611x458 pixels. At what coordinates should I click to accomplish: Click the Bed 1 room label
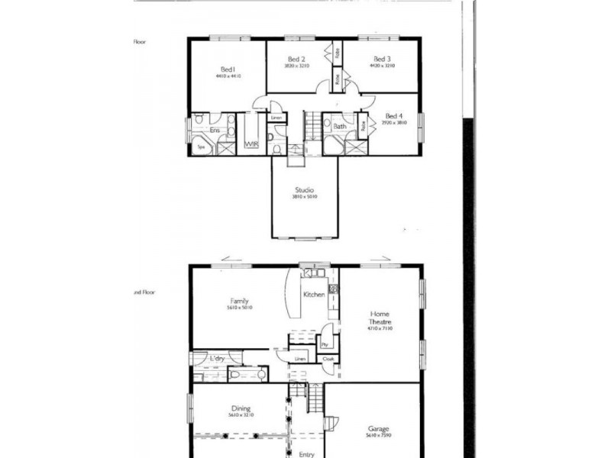pos(228,69)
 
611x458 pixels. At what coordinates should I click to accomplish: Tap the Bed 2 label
pos(297,59)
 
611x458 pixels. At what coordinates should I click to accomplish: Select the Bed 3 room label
pos(383,59)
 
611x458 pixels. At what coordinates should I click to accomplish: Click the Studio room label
pos(305,190)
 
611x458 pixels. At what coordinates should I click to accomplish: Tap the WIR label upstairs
pos(251,144)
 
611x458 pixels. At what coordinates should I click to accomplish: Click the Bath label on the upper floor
pos(340,127)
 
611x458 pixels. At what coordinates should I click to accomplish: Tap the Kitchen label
pos(314,295)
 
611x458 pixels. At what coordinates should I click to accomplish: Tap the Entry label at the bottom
pos(307,454)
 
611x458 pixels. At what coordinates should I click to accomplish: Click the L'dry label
pos(218,358)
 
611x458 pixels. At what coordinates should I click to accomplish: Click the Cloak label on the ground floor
pos(328,358)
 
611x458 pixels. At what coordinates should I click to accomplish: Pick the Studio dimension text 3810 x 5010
pos(305,197)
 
